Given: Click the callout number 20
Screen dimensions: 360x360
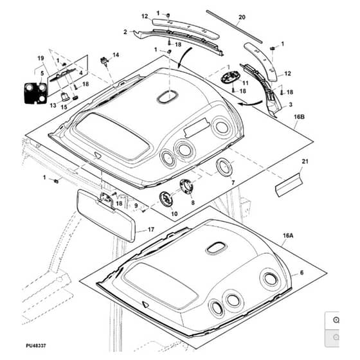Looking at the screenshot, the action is tap(242, 17).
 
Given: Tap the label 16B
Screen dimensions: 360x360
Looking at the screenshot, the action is tap(299, 117).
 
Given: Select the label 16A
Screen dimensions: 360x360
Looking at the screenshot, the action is tap(288, 235).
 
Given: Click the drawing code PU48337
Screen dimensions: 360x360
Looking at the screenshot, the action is tap(36, 346).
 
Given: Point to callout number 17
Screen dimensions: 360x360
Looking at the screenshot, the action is tap(151, 230).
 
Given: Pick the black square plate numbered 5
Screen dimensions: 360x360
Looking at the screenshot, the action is tap(35, 93).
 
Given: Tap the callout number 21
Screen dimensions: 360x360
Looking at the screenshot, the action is tap(305, 161).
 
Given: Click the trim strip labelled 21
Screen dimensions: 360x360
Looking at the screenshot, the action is tap(289, 185).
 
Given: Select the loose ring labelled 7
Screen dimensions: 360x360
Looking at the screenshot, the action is tap(224, 167).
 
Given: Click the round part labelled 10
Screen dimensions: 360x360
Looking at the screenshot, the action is tap(166, 199).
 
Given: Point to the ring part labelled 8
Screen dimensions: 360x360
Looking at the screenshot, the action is tap(186, 186).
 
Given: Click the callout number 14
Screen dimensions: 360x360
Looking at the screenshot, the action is tap(116, 55).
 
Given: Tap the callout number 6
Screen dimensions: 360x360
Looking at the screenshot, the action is tap(301, 273).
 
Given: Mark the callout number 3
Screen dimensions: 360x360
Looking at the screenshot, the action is tap(291, 104).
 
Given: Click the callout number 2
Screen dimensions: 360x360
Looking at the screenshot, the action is tap(125, 32).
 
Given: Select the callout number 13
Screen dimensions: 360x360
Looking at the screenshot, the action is tap(53, 105).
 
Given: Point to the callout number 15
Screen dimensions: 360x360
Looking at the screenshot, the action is tap(64, 107).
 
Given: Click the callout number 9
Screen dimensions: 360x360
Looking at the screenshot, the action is tap(136, 206).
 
